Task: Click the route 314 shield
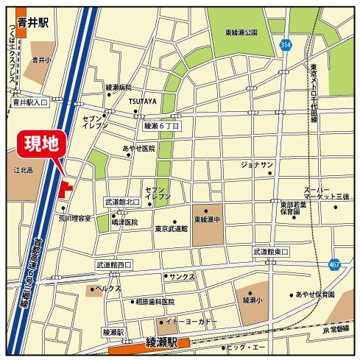pos(286,45)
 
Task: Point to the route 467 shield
pos(335,264)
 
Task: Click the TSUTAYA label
pos(142,102)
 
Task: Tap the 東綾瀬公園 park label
pos(241,32)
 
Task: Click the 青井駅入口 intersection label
pos(30,104)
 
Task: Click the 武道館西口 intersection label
pos(113,264)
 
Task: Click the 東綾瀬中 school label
pos(209,220)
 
